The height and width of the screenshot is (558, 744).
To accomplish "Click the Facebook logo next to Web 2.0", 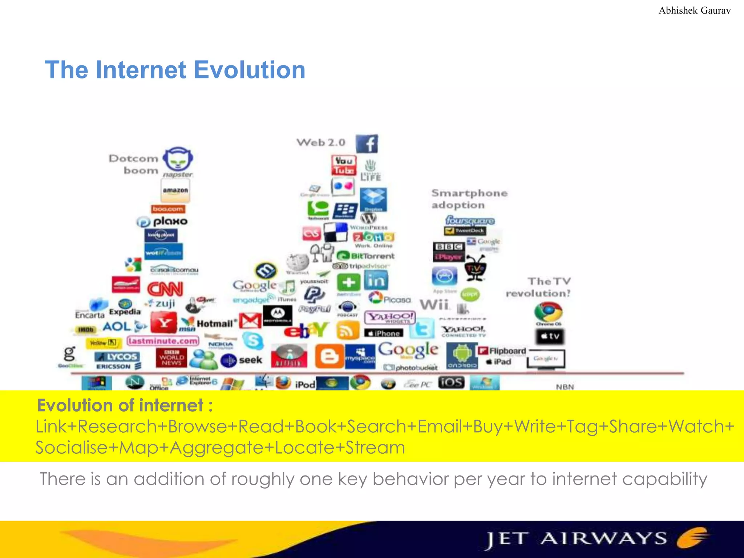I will [367, 144].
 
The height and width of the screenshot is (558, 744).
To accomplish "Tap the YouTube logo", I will [344, 165].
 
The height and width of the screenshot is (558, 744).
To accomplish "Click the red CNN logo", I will [165, 289].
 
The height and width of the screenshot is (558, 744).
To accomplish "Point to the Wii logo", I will [434, 304].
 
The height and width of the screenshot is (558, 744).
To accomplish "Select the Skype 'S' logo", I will [253, 341].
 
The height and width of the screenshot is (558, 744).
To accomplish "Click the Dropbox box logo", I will [373, 199].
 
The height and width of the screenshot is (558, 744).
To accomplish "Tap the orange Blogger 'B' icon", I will [329, 356].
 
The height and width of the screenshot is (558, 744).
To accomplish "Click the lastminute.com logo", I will [163, 341].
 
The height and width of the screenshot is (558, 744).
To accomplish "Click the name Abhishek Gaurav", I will [694, 11].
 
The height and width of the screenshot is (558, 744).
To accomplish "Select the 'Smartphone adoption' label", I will [469, 199].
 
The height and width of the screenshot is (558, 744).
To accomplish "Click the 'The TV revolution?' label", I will [538, 287].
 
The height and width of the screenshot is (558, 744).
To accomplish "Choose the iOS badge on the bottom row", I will [451, 382].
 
